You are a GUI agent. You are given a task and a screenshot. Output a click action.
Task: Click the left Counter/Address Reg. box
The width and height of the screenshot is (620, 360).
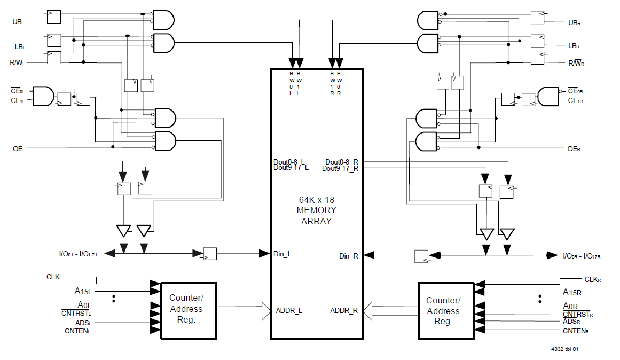pyautogui.click(x=189, y=310)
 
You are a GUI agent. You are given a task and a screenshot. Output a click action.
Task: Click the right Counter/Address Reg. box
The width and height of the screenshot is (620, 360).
pyautogui.click(x=445, y=310)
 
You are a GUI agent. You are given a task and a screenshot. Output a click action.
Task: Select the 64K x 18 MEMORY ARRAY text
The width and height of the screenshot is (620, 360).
pyautogui.click(x=317, y=210)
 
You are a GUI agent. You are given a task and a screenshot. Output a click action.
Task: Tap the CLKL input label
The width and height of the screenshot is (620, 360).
pyautogui.click(x=54, y=277)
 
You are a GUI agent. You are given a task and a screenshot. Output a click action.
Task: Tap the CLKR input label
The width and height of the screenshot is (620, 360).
pyautogui.click(x=592, y=279)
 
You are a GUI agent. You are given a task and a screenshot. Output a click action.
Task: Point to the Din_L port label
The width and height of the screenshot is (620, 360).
pyautogui.click(x=282, y=254)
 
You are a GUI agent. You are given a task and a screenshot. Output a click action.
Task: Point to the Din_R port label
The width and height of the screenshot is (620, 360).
pyautogui.click(x=349, y=256)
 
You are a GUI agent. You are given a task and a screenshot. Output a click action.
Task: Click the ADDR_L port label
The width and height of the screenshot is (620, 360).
pyautogui.click(x=289, y=310)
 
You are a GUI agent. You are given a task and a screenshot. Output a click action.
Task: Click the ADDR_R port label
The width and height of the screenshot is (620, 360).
pyautogui.click(x=344, y=310)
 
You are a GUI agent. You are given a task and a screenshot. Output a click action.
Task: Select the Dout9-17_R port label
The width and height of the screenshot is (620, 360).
pyautogui.click(x=340, y=169)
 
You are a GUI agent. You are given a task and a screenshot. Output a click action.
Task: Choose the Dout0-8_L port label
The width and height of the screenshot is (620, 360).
pyautogui.click(x=289, y=161)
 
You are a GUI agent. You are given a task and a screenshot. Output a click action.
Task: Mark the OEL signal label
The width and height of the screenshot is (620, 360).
pyautogui.click(x=18, y=148)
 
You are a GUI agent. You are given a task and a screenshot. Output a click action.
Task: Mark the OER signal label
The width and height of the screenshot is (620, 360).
pyautogui.click(x=574, y=149)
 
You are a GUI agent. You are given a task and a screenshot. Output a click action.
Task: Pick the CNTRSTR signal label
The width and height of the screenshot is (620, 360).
pyautogui.click(x=578, y=314)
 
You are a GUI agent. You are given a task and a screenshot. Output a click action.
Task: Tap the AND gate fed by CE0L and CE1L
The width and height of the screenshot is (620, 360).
pyautogui.click(x=44, y=96)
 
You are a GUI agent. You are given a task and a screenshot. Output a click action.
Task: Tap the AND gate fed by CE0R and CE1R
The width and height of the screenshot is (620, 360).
pyautogui.click(x=548, y=96)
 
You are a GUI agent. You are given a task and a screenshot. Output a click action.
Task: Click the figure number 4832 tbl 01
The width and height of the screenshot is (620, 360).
pyautogui.click(x=564, y=349)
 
